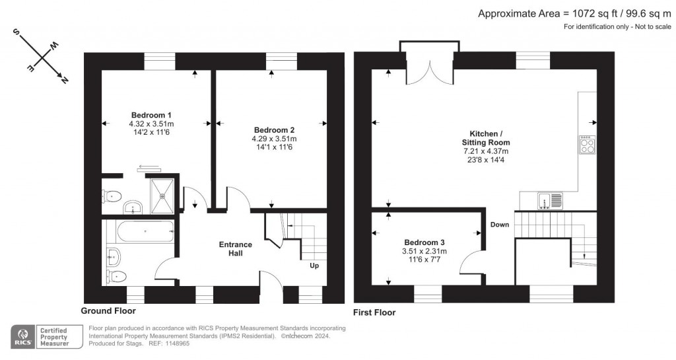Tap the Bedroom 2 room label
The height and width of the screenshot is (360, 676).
(274, 129)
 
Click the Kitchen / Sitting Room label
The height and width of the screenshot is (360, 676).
(485, 137)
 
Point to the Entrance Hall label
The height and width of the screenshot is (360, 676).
(236, 249)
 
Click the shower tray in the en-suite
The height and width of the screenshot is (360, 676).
(163, 196)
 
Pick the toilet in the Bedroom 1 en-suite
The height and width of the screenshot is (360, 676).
(112, 196)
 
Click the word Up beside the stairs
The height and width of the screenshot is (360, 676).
(314, 267)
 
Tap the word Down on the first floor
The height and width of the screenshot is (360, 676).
(500, 225)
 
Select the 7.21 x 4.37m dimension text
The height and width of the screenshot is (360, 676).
(485, 151)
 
